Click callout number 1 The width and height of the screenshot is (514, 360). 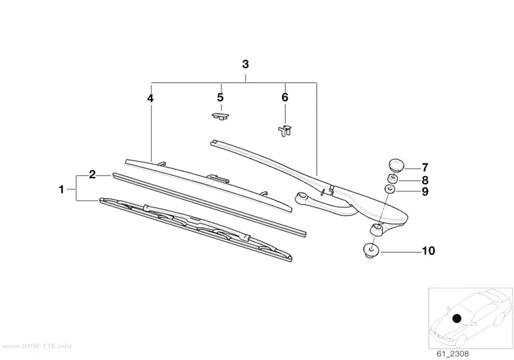(x=61, y=189)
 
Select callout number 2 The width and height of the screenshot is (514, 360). (x=93, y=174)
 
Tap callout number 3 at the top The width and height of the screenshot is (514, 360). (x=246, y=64)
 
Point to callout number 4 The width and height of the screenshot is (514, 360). (x=150, y=98)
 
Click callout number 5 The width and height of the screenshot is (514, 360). (x=220, y=97)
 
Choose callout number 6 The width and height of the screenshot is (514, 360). (x=285, y=97)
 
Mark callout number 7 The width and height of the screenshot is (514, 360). (x=425, y=168)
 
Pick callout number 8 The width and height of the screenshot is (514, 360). (x=425, y=180)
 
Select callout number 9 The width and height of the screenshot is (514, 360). (x=425, y=192)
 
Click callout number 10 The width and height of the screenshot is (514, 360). (x=428, y=251)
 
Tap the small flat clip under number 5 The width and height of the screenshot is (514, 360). (x=220, y=116)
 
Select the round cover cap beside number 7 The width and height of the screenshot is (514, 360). (x=397, y=164)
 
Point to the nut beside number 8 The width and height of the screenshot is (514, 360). (x=393, y=179)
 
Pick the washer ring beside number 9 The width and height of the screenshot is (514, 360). (x=390, y=190)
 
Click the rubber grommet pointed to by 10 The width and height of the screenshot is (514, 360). (x=372, y=250)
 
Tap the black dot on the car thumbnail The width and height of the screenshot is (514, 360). (x=457, y=318)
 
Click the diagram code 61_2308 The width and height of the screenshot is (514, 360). (x=453, y=354)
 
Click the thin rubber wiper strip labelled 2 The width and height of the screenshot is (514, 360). (x=209, y=205)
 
